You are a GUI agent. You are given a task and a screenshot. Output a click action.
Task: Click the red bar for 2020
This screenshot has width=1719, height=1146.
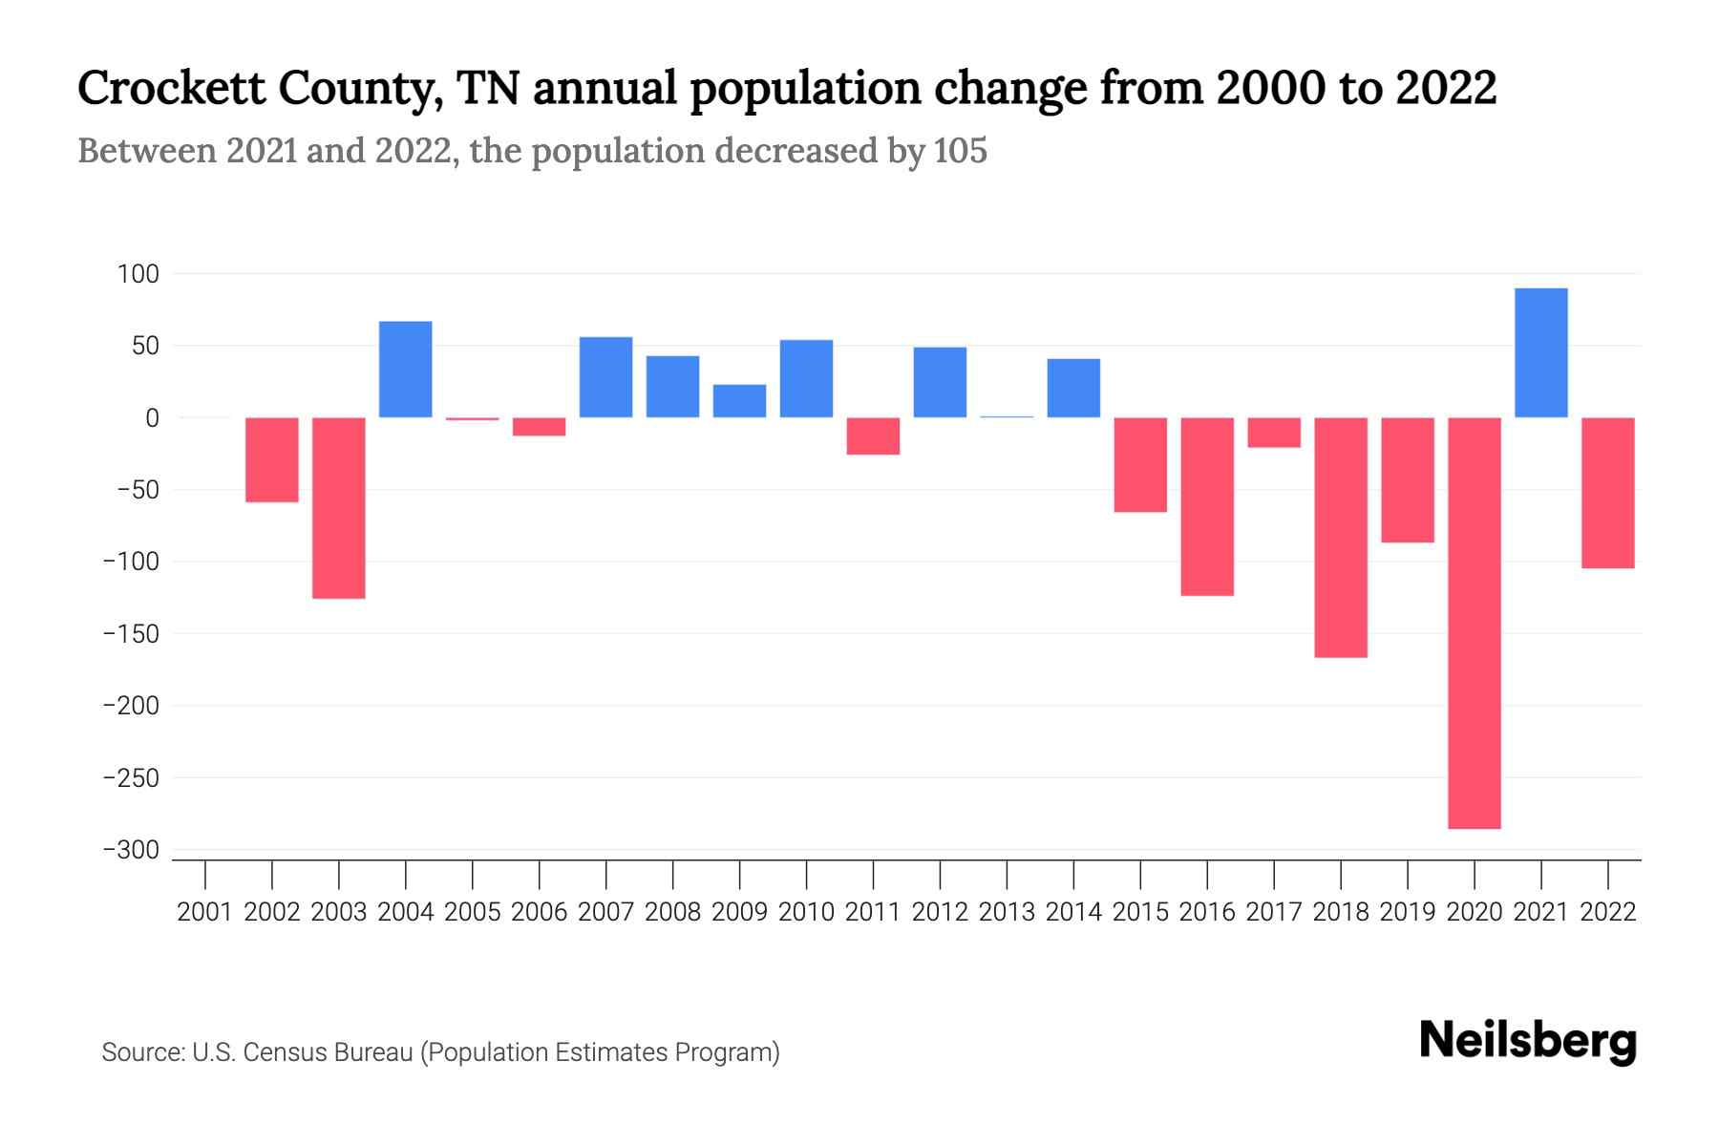1474,623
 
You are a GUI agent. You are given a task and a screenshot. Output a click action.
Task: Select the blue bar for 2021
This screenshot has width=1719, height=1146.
1540,352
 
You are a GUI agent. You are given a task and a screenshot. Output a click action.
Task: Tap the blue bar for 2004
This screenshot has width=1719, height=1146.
405,370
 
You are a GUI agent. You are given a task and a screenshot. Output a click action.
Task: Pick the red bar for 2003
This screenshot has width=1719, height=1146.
338,508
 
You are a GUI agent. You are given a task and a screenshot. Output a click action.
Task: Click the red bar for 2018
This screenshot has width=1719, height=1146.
1340,538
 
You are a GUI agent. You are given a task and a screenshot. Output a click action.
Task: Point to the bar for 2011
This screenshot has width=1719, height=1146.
873,436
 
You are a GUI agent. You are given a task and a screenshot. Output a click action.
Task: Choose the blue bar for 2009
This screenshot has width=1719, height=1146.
739,401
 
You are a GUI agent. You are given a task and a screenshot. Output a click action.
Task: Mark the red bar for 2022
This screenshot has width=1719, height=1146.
1607,493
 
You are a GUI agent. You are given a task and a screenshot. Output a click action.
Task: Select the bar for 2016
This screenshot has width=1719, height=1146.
1206,506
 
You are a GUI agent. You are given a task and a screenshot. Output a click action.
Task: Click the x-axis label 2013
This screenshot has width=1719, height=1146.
1007,912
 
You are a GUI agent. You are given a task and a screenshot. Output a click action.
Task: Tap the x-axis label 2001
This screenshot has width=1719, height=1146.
205,912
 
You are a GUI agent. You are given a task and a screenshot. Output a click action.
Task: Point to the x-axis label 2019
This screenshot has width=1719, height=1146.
1407,912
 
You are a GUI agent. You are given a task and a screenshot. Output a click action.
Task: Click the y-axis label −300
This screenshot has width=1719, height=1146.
131,850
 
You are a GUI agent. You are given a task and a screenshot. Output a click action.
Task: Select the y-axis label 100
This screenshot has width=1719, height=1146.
138,274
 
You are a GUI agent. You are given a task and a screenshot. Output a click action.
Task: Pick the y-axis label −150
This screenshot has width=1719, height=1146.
131,634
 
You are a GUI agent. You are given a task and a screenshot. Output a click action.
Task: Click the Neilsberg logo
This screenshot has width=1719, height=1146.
1527,1041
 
